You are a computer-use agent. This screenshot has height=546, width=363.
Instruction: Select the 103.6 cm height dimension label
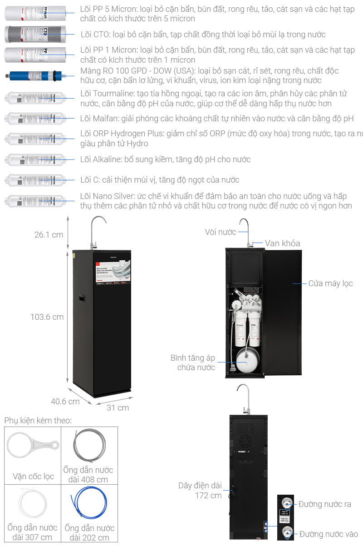[x=47, y=317]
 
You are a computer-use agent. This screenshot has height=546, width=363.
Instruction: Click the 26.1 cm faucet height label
[x=49, y=235]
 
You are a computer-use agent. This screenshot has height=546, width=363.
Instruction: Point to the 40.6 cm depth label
[x=65, y=401]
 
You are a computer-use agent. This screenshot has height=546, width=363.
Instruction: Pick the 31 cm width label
[x=118, y=407]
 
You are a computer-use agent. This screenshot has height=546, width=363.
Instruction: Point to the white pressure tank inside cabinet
[x=245, y=361]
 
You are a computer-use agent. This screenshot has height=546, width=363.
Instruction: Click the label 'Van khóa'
[x=282, y=243]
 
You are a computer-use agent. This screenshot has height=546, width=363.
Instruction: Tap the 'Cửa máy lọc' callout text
[x=330, y=283]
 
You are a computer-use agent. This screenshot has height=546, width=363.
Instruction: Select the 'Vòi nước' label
[x=221, y=232]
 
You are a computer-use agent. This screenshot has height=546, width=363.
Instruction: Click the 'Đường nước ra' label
[x=324, y=504]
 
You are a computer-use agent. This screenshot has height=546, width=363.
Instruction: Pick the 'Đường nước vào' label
[x=329, y=534]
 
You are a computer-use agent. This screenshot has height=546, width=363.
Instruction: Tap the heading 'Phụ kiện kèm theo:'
[x=38, y=421]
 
